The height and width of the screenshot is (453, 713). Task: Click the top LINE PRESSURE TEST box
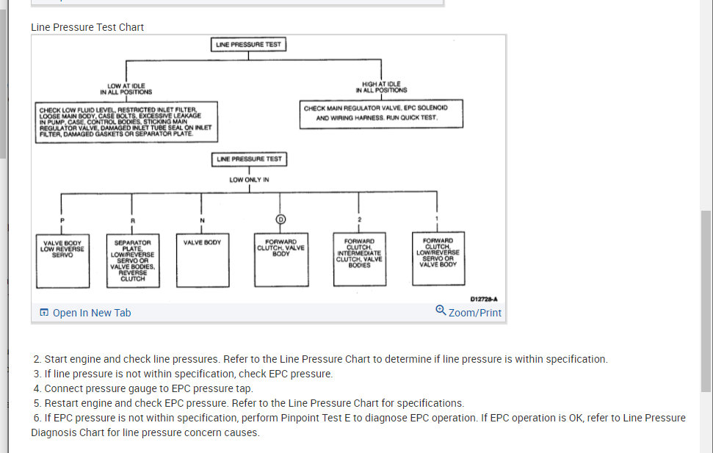tap(248, 45)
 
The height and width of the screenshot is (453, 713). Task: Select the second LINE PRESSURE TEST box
tap(249, 159)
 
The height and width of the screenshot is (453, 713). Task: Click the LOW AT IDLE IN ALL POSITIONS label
tap(126, 89)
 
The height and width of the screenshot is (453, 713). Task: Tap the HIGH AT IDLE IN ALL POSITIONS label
tap(381, 87)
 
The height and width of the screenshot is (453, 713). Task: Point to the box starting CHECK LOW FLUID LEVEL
tap(126, 122)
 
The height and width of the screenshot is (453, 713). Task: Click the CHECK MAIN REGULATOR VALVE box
tap(375, 113)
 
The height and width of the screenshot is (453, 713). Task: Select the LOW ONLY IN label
tap(249, 180)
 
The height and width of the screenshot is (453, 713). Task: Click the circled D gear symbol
tap(280, 220)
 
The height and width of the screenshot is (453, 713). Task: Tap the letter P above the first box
tap(62, 220)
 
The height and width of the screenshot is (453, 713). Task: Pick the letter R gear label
tap(132, 220)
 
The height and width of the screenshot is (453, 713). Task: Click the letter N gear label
tap(202, 220)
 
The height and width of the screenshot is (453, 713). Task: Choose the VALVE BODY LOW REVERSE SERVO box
tap(62, 260)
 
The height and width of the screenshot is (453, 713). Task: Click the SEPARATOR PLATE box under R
tap(132, 260)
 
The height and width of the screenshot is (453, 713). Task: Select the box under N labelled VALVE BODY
tap(202, 260)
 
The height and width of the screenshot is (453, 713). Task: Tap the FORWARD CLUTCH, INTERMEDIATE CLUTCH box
tap(358, 260)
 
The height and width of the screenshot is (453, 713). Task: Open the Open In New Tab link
tap(85, 313)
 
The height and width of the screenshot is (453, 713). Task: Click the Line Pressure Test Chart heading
tap(87, 27)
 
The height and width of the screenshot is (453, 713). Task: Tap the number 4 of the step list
tap(37, 388)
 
